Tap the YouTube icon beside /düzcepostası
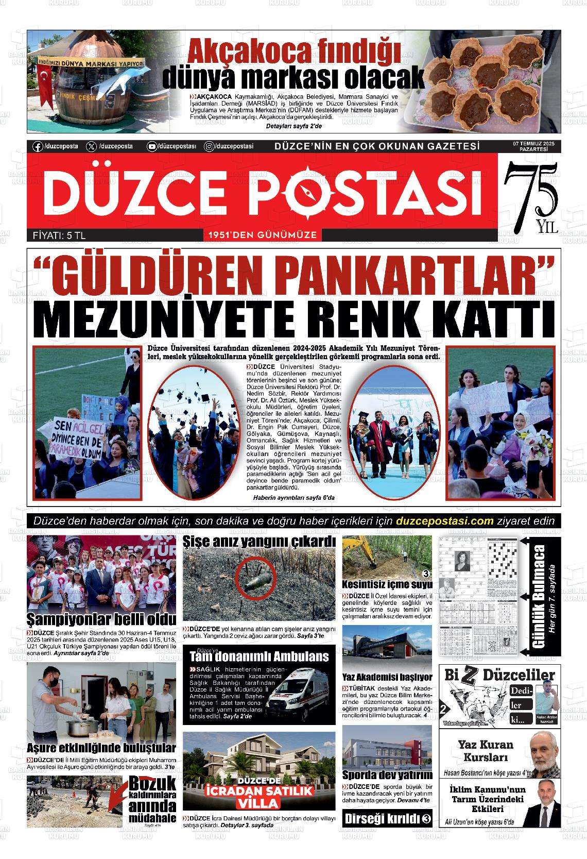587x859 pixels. click(152, 146)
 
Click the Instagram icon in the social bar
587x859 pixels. click(210, 146)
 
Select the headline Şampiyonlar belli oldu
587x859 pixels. click(101, 619)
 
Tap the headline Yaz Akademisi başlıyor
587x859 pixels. click(387, 677)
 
